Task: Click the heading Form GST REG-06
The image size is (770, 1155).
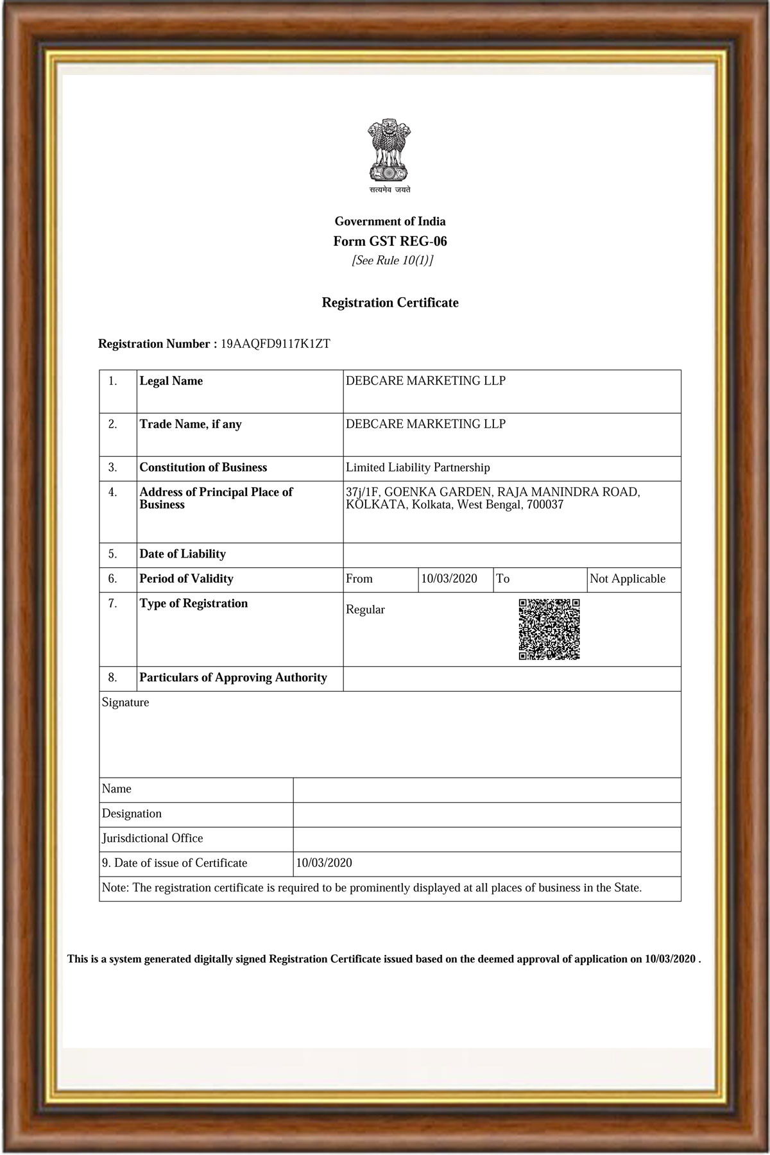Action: click(x=390, y=241)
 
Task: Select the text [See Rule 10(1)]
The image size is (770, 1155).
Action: click(x=392, y=261)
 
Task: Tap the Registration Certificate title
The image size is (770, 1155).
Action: click(x=390, y=303)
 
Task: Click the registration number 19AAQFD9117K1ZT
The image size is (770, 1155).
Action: click(x=275, y=344)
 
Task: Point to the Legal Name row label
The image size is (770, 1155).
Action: click(x=171, y=381)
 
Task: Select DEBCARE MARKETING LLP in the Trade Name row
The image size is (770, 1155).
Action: click(x=425, y=424)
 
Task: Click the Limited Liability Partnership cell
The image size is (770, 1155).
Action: click(x=418, y=468)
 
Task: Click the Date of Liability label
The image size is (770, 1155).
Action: click(x=183, y=554)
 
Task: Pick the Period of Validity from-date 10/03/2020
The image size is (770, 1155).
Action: click(x=449, y=579)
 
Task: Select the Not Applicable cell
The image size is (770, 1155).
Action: click(x=628, y=579)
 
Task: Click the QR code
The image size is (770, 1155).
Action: click(x=549, y=629)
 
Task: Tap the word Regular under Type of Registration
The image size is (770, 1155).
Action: click(x=365, y=610)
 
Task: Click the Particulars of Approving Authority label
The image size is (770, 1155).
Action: click(x=233, y=678)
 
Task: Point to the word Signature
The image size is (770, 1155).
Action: click(x=126, y=703)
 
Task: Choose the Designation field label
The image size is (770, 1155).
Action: click(x=132, y=814)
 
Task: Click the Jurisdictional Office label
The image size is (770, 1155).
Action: click(x=153, y=838)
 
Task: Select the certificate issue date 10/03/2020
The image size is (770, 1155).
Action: click(x=324, y=863)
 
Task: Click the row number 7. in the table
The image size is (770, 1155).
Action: click(x=113, y=604)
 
